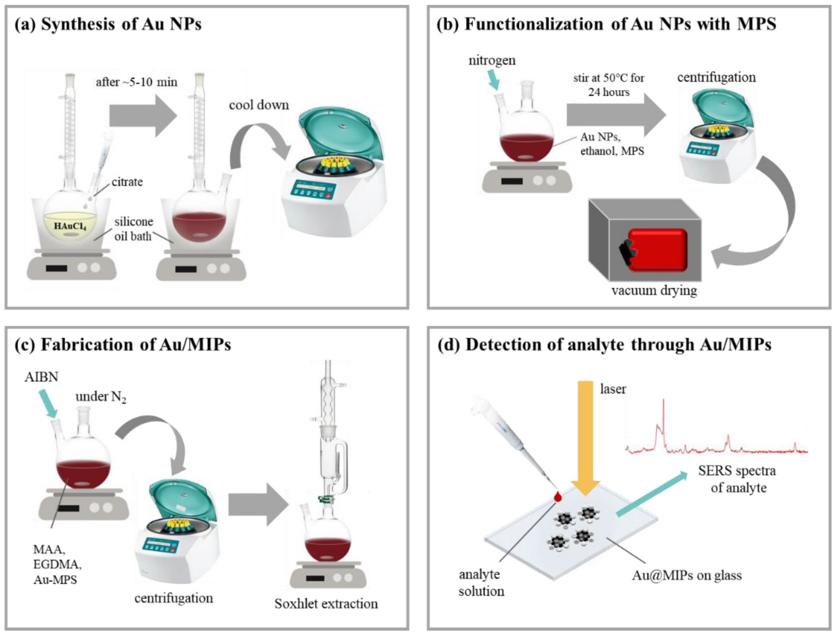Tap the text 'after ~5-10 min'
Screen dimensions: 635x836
(136, 82)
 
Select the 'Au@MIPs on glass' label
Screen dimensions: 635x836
(687, 576)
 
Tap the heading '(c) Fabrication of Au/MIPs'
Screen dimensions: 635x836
(123, 345)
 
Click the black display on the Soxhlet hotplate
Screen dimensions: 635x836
(315, 579)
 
